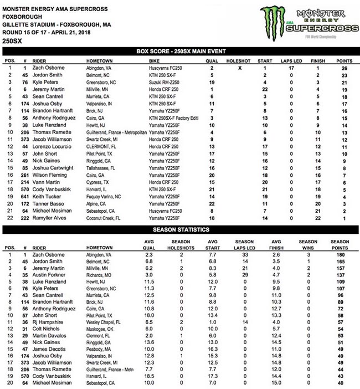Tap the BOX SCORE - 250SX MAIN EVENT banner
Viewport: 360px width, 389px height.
180,52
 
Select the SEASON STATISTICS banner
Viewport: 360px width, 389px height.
180,228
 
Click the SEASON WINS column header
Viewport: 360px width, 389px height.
308,244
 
